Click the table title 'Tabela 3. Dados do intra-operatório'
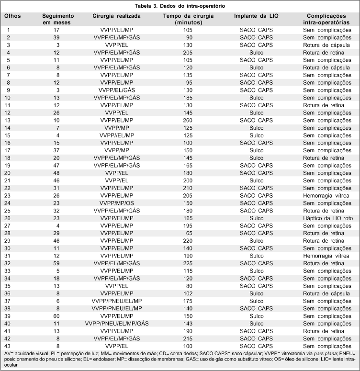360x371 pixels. pyautogui.click(x=180, y=6)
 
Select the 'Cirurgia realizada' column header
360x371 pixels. pyautogui.click(x=116, y=16)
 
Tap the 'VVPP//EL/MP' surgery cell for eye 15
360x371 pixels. pyautogui.click(x=116, y=135)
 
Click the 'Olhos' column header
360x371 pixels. pyautogui.click(x=12, y=16)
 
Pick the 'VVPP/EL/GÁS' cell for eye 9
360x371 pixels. pyautogui.click(x=116, y=90)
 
